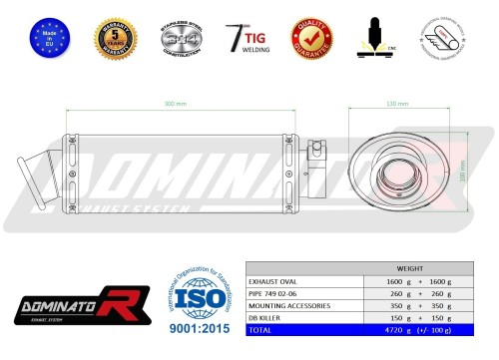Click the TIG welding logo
(248, 36)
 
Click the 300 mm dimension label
(175, 103)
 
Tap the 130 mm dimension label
(395, 103)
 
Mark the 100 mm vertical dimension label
(461, 179)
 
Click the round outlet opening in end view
(399, 178)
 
